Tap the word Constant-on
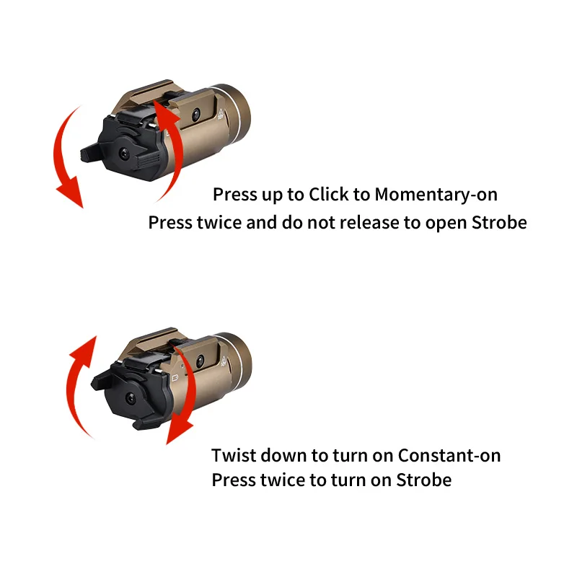point(449,456)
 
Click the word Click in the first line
point(328,195)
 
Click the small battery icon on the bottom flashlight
point(178,376)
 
